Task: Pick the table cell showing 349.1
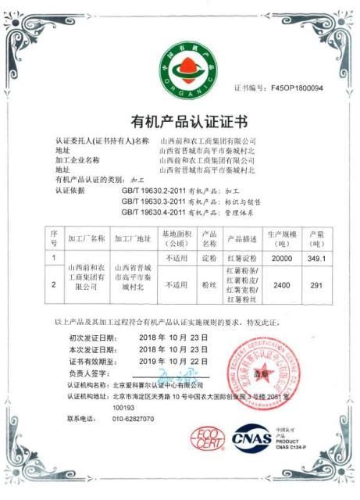click(x=317, y=257)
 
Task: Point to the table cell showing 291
click(x=316, y=286)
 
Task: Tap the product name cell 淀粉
click(x=209, y=257)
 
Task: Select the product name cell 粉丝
click(x=209, y=286)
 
